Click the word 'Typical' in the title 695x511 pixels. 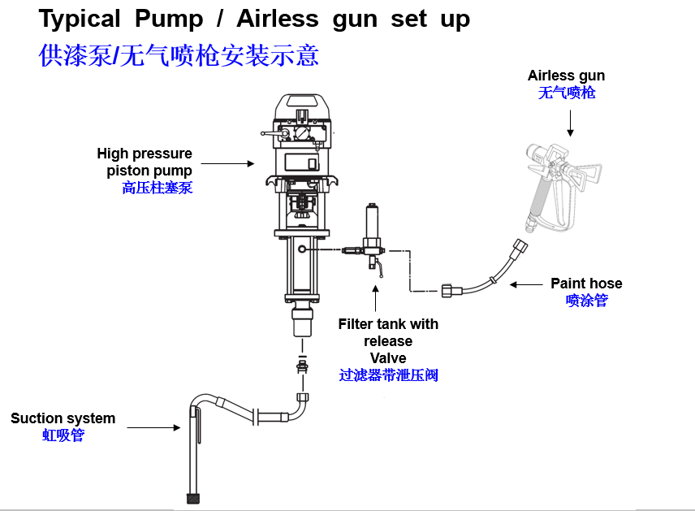[x=80, y=18]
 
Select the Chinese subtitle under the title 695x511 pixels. [x=179, y=54]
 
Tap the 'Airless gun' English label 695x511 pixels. [x=566, y=76]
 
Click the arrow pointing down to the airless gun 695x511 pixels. [x=570, y=122]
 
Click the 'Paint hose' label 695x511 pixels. [x=586, y=284]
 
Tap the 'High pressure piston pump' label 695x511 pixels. [x=145, y=162]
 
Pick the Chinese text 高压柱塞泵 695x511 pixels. [x=158, y=188]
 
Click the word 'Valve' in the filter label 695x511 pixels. [x=388, y=358]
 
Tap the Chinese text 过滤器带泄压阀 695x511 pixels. [x=388, y=375]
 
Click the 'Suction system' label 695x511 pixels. [x=63, y=418]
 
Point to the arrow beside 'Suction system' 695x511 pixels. [x=154, y=427]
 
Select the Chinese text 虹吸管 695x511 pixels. [x=63, y=435]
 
